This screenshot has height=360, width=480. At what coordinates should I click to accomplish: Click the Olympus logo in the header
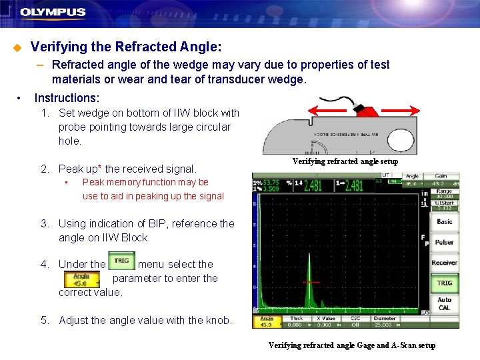[53, 12]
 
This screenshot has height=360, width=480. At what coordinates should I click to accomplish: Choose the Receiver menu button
[444, 263]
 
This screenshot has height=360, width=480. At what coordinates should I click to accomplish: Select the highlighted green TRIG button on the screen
[444, 283]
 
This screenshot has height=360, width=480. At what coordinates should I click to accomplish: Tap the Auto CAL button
[444, 304]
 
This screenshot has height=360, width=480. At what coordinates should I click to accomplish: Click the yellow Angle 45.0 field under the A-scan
[265, 322]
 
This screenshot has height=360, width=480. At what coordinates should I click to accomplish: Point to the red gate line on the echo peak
[311, 282]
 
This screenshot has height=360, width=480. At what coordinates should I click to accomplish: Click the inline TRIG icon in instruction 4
[121, 261]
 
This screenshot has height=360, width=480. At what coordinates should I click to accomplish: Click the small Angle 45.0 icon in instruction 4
[83, 278]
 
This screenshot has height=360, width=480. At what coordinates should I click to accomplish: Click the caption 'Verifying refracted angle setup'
[345, 161]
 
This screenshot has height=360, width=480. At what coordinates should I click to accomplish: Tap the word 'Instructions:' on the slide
[67, 98]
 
